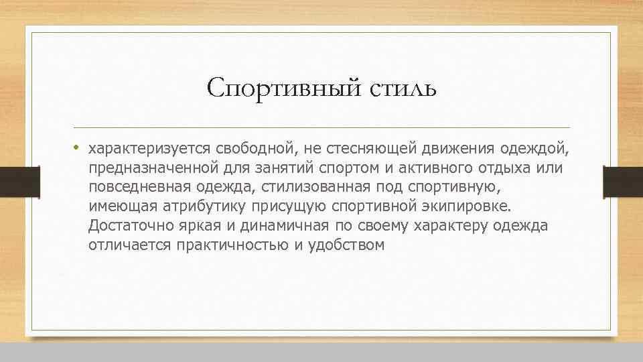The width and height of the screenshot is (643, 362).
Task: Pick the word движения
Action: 442,147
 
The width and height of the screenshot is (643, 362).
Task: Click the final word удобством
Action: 346,245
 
